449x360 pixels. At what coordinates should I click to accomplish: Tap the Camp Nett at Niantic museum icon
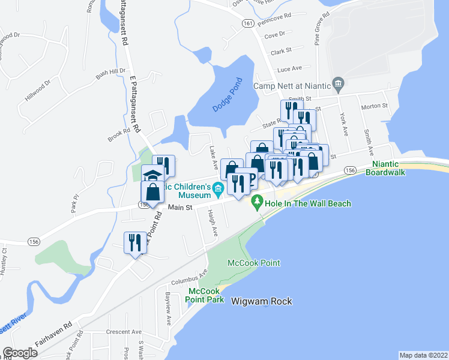click(338, 84)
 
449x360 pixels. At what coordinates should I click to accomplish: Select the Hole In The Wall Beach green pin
click(257, 204)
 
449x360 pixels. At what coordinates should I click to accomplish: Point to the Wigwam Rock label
click(259, 302)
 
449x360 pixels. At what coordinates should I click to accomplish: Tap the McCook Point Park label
click(206, 295)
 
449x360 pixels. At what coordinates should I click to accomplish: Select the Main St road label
click(179, 208)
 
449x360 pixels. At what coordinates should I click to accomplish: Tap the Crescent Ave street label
click(123, 332)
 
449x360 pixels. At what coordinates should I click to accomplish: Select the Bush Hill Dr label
click(110, 75)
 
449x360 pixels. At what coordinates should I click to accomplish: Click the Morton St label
click(374, 106)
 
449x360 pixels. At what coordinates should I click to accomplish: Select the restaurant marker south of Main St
click(134, 242)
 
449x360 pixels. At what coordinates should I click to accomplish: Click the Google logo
click(20, 352)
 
